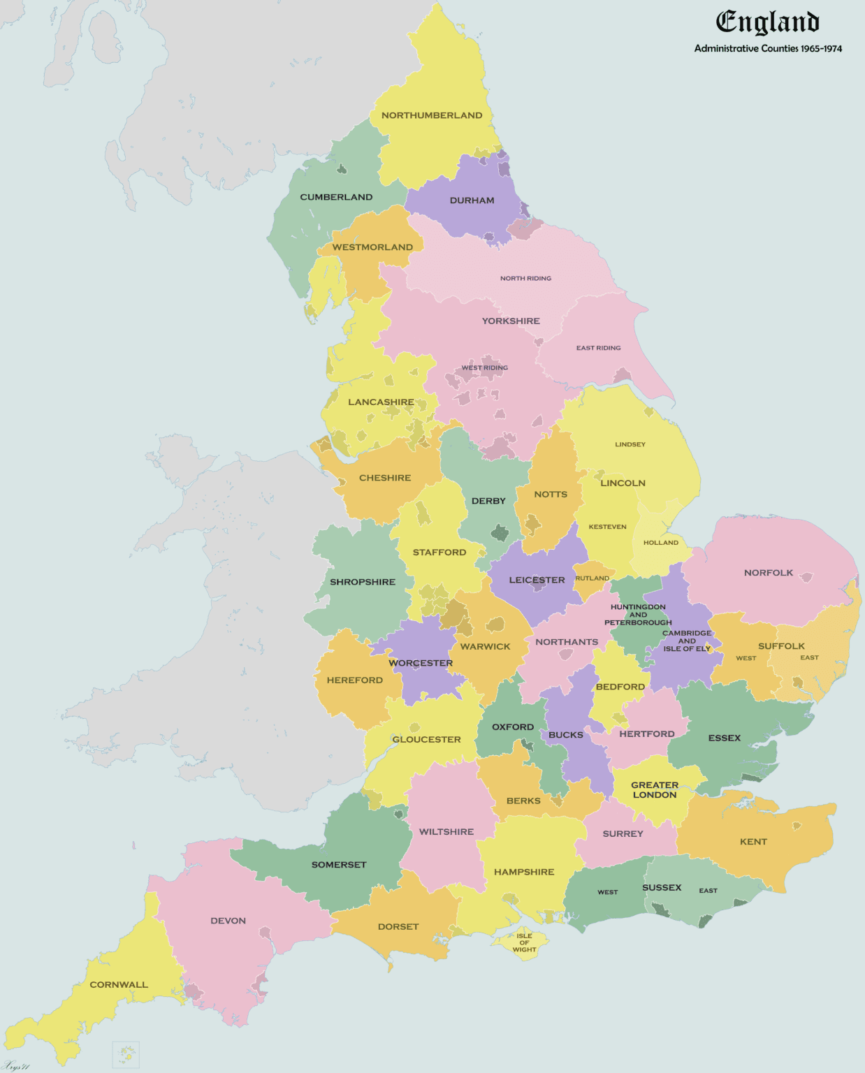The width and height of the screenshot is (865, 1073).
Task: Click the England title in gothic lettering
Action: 767,22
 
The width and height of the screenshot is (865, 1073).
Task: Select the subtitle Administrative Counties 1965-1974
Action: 768,49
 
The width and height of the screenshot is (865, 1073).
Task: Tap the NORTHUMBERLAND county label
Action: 431,115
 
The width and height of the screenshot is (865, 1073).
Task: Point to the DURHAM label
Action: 472,200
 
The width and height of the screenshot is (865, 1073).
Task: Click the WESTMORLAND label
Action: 372,247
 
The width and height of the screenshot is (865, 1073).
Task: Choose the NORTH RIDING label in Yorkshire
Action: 525,278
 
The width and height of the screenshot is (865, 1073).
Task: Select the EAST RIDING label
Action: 598,348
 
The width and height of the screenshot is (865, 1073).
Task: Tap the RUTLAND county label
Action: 592,578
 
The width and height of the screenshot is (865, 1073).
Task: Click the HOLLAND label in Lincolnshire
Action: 660,543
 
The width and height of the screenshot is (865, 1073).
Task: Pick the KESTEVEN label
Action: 607,527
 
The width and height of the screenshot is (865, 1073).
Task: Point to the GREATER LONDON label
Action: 654,790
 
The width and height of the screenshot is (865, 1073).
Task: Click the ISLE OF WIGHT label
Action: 524,942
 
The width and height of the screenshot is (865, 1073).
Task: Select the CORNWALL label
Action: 119,985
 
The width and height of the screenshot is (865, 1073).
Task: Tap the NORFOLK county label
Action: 768,573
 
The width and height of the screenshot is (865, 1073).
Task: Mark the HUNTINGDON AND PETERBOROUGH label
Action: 638,615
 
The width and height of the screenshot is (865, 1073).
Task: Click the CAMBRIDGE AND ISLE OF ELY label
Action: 687,641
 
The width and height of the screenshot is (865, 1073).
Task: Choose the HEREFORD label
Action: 354,680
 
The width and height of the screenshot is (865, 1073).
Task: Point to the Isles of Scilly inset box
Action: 126,1053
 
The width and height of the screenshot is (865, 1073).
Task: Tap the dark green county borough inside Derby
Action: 500,534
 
